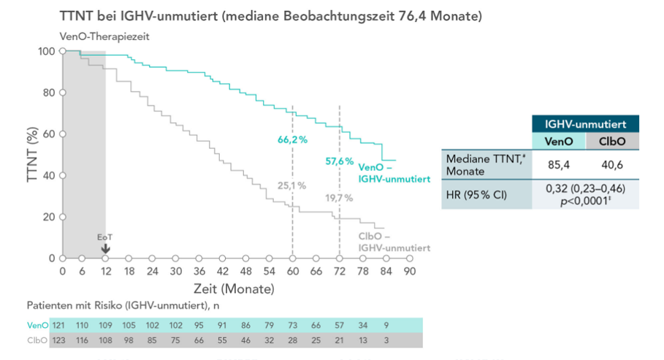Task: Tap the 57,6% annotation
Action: click(339, 161)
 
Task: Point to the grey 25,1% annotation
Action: click(292, 185)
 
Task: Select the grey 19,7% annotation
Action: click(339, 197)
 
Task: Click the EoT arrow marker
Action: click(105, 248)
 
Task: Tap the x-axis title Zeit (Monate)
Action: click(234, 288)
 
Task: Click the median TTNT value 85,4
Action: click(559, 164)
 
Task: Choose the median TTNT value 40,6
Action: click(611, 164)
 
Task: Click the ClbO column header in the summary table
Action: click(611, 141)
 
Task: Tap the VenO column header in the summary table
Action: click(559, 141)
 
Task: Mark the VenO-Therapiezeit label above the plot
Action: click(104, 37)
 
